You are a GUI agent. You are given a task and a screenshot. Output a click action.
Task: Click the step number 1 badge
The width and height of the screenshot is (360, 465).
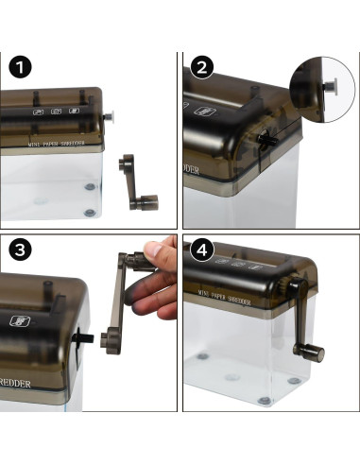coord(20,68)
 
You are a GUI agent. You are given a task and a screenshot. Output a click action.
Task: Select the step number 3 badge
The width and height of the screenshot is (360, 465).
coord(20,250)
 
